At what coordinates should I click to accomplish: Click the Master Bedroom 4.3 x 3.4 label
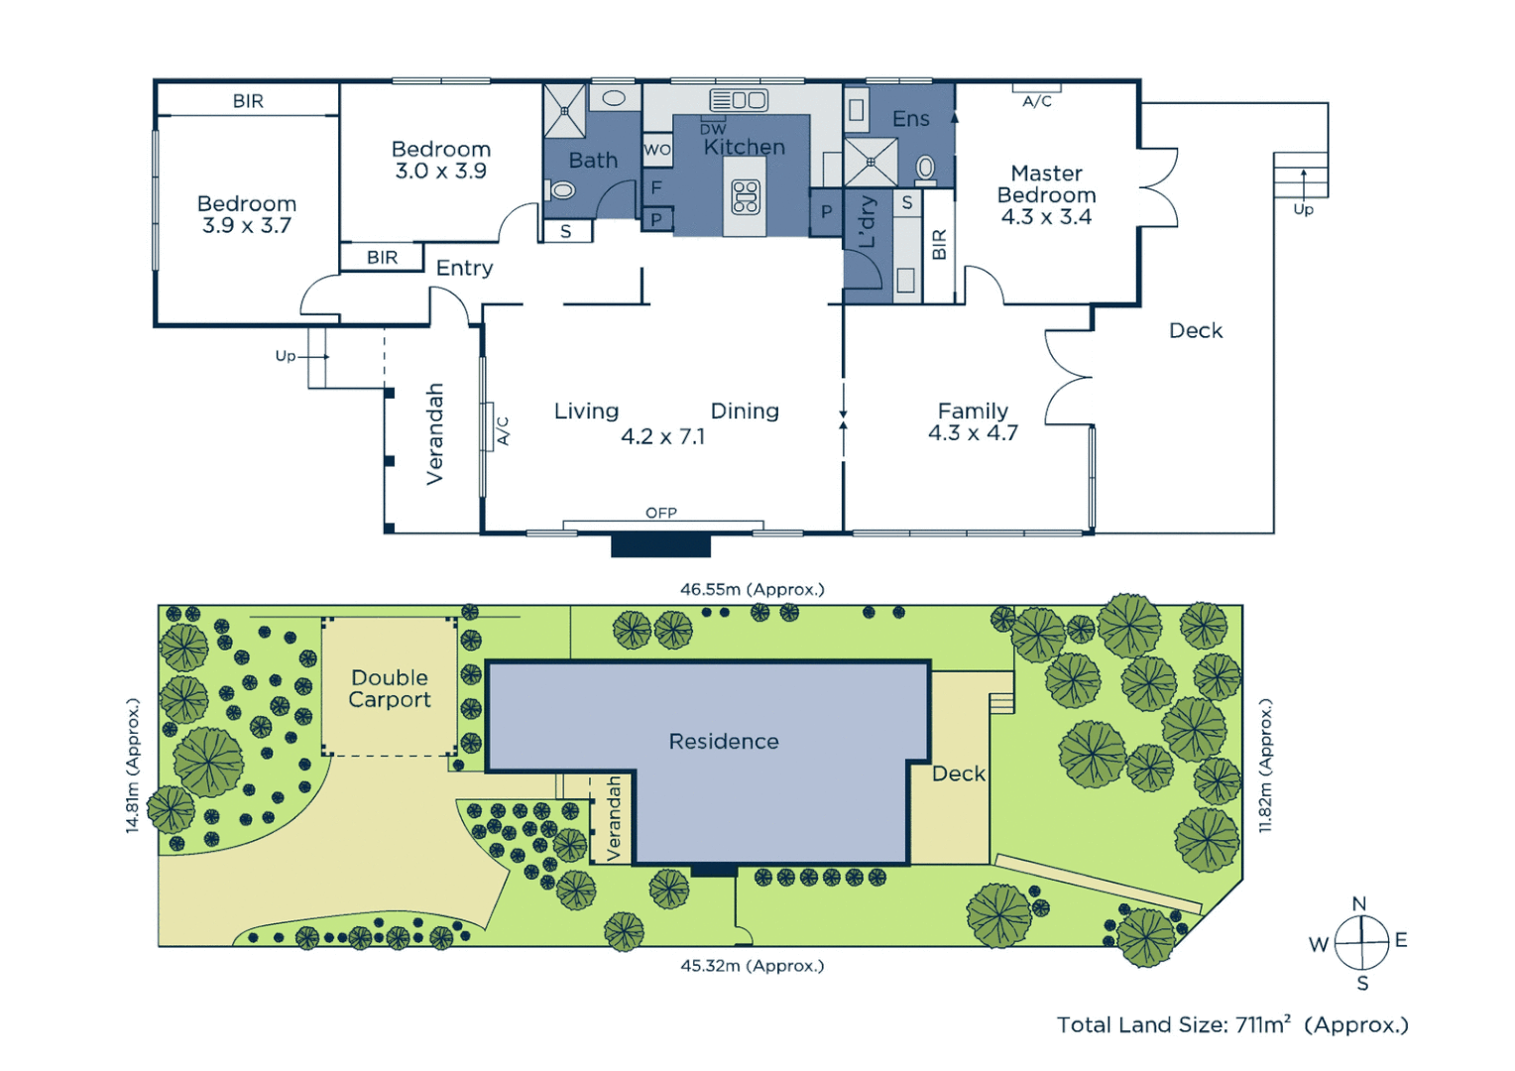1046,195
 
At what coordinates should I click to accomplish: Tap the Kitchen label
744,147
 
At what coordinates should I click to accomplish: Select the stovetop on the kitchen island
745,197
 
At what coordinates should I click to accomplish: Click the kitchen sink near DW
739,100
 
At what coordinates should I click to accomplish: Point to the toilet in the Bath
562,189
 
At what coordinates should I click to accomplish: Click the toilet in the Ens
925,169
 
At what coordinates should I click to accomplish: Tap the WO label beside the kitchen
657,150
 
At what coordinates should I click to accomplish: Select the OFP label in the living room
660,513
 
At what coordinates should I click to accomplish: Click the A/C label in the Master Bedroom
1037,101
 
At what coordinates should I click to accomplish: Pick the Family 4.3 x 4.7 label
973,421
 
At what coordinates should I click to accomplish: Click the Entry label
464,268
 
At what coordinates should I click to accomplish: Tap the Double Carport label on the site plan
390,688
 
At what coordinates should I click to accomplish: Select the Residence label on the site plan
724,741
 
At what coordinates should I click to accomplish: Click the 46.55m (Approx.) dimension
752,589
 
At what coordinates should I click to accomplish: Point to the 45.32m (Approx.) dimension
752,965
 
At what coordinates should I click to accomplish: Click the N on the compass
1359,903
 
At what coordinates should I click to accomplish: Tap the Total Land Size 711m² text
1231,1024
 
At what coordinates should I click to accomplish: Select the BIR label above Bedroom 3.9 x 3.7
248,101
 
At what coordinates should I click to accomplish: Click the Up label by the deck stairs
1303,209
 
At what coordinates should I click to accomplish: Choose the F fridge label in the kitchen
656,186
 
